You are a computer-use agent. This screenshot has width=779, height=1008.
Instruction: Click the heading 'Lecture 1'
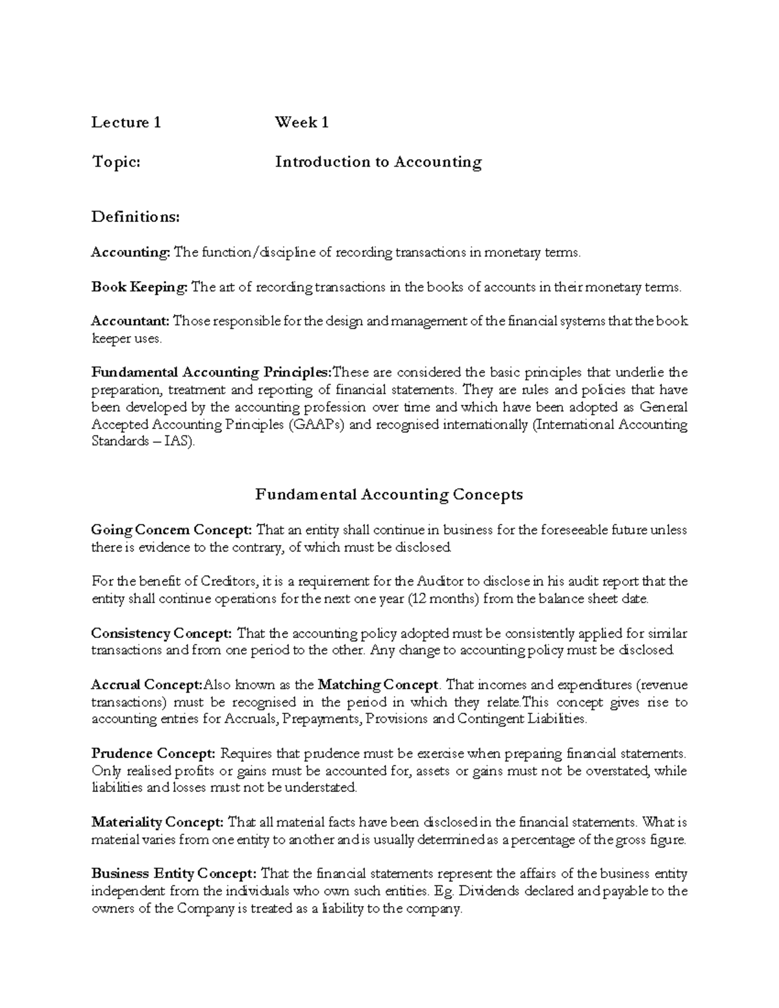[x=126, y=122]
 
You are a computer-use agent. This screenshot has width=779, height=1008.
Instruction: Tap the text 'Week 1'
[x=301, y=122]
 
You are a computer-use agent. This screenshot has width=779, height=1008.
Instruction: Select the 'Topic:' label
[x=116, y=162]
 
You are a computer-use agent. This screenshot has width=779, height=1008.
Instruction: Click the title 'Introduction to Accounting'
[x=378, y=162]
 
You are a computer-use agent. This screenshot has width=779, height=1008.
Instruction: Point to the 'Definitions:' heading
[x=135, y=216]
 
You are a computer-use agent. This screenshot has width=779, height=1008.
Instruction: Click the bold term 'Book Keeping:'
[x=139, y=287]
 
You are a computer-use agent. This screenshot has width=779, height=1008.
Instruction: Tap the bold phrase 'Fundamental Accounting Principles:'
[x=212, y=373]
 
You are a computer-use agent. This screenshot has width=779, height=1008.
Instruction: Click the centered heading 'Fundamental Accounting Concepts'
[x=389, y=495]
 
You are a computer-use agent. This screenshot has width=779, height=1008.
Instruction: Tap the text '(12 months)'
[x=443, y=598]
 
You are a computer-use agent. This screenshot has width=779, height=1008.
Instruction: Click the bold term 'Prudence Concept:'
[x=153, y=754]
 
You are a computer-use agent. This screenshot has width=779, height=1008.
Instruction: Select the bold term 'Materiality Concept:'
[x=158, y=822]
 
